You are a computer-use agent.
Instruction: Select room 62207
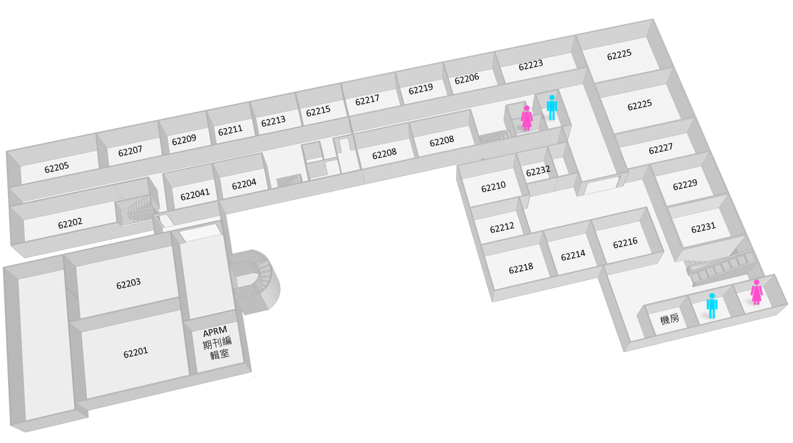130,151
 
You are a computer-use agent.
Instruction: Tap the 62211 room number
230,130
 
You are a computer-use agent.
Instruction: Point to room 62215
318,111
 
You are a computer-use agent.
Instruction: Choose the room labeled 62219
421,89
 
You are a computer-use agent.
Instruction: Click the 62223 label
531,65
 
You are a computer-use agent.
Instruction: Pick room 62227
660,149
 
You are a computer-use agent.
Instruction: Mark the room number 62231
703,227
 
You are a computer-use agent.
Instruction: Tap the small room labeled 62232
538,171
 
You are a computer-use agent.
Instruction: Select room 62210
494,186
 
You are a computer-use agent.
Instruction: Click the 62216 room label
625,243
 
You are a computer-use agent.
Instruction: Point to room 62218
521,268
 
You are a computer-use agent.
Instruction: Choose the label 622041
195,195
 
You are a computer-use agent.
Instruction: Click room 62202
70,224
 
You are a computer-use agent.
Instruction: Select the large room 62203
128,284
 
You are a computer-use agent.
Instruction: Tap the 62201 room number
136,353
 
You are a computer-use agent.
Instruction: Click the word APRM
215,332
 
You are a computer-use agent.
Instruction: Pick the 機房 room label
670,319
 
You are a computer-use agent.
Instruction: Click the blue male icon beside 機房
712,305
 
